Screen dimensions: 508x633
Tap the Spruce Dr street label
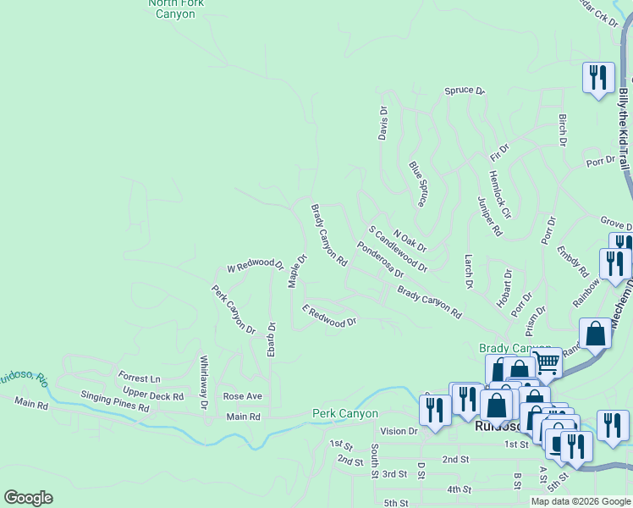coord(465,91)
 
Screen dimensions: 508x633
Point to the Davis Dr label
coord(383,124)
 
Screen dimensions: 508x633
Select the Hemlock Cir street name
coord(500,191)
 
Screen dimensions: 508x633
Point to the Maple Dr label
coord(297,271)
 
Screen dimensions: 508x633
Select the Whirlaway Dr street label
coord(203,383)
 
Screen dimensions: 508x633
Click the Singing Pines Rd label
coord(115,401)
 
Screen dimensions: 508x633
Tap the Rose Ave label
coord(242,396)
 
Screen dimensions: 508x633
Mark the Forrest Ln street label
coord(140,378)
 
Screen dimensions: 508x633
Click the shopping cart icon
coord(548,364)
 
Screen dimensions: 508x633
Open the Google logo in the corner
coord(28,498)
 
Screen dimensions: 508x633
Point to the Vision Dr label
coord(399,431)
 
